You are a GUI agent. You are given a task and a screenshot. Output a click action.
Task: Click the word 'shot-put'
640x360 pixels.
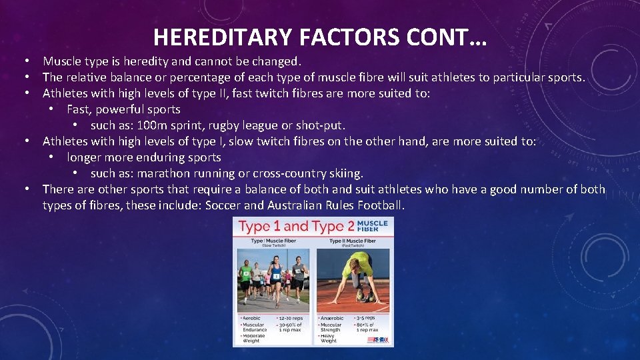point(322,125)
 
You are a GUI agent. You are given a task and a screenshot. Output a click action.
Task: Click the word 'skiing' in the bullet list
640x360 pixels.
point(343,173)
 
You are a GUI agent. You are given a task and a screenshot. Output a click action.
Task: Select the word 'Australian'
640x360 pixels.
point(289,205)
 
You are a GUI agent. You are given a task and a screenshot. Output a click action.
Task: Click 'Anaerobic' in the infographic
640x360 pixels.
point(332,318)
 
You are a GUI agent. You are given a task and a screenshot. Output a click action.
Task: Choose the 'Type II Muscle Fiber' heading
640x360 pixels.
point(353,241)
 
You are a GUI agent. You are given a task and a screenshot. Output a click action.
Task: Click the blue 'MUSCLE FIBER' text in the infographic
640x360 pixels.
point(371,226)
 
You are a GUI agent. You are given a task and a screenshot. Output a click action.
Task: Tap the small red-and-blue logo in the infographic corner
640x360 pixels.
point(377,339)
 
